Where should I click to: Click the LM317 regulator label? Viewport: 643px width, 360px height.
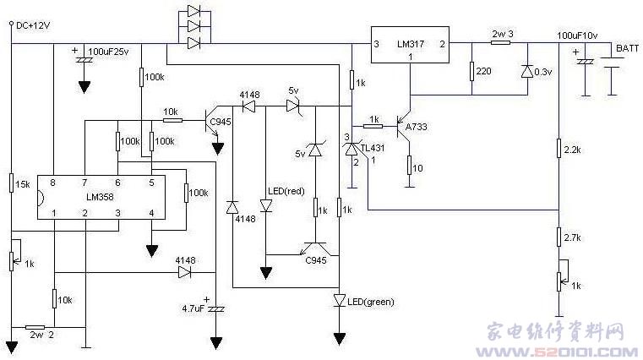point(411,44)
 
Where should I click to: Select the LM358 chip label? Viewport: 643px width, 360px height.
point(100,197)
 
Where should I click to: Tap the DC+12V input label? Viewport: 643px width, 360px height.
point(33,26)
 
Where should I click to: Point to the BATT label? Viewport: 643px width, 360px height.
point(628,48)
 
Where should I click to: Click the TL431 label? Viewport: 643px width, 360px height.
point(373,148)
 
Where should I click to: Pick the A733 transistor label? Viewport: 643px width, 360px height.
point(417,127)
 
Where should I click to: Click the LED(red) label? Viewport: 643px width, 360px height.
point(286,192)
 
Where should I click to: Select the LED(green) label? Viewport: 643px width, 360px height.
point(371,303)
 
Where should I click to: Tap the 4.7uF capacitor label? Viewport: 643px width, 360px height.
point(193,308)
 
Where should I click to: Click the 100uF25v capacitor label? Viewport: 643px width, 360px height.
point(109,52)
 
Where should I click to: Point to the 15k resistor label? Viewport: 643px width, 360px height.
point(23,184)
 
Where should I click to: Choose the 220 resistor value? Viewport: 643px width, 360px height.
point(484,71)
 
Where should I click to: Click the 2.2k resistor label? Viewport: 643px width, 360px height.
point(573,150)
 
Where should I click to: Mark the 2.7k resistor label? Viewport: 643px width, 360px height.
point(573,237)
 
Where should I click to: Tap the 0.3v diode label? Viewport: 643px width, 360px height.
point(543,72)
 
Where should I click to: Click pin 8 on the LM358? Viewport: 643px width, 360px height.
point(52,183)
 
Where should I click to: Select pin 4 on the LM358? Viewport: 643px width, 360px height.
point(152,213)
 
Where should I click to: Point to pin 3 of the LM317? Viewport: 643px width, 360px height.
point(377,44)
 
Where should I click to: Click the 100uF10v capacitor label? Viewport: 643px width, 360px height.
point(577,35)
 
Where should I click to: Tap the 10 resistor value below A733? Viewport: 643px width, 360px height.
point(417,168)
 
